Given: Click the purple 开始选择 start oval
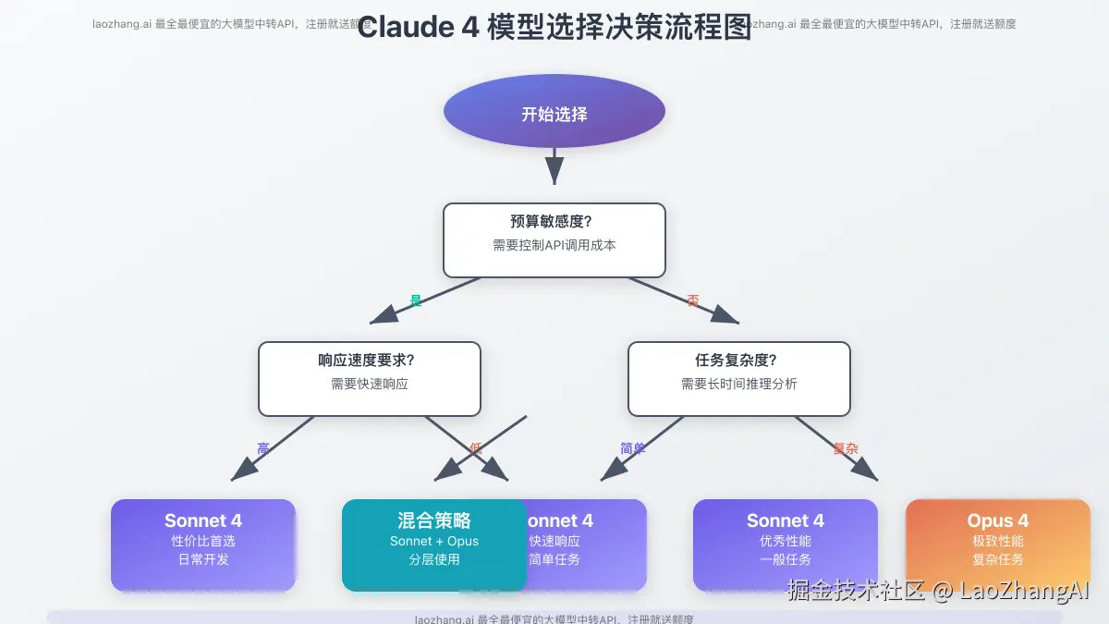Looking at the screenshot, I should coord(554,115).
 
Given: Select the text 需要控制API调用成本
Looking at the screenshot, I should coord(554,246).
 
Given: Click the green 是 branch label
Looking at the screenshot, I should coord(416,300).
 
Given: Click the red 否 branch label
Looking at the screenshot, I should coord(693,300).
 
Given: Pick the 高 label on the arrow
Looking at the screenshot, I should coord(263,448).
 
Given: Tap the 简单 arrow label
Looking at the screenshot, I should coord(633,448).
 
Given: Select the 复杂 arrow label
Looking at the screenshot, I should coord(846,448).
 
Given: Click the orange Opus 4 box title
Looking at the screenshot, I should coord(997,520).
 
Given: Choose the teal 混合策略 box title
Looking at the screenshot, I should coord(433,520).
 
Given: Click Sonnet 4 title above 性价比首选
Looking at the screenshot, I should coord(203,520).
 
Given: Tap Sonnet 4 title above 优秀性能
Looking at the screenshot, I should coord(785,520).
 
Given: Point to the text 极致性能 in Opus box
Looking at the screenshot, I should coord(997,541).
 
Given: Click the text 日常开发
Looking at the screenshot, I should coord(203,559).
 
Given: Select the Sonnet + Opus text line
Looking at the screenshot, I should coord(433,541).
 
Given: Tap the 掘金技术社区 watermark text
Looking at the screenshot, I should coord(855,590).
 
